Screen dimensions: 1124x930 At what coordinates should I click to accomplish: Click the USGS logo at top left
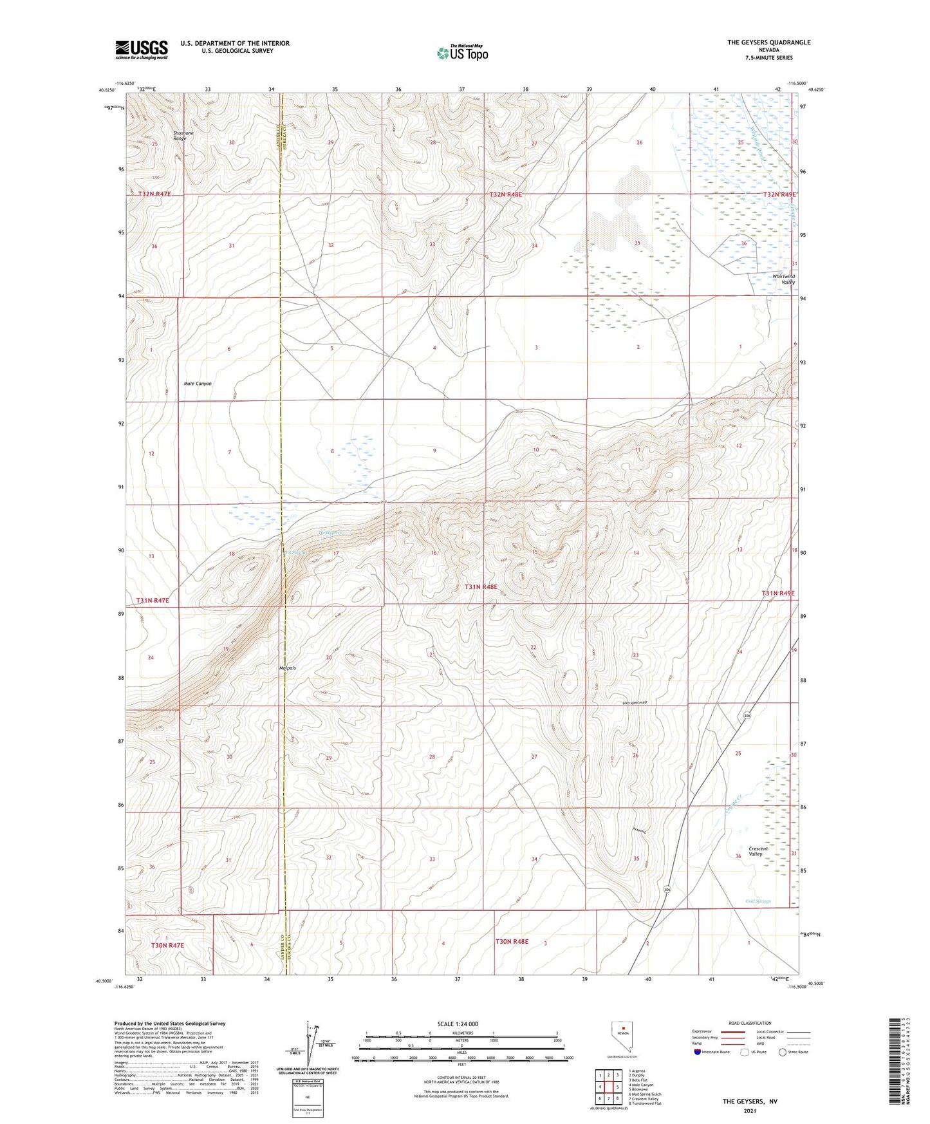pyautogui.click(x=141, y=50)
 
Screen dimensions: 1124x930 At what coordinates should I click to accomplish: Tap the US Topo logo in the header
pyautogui.click(x=463, y=53)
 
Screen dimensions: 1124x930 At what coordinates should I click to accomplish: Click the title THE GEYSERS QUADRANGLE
pyautogui.click(x=768, y=42)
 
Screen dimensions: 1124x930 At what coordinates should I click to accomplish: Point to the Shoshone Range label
pyautogui.click(x=183, y=136)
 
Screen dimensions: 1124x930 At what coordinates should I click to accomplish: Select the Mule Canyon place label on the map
pyautogui.click(x=198, y=384)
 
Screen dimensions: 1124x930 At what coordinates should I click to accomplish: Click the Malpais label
pyautogui.click(x=288, y=668)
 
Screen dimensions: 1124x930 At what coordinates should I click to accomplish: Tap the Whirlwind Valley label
pyautogui.click(x=783, y=279)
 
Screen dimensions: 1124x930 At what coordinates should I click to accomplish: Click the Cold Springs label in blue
pyautogui.click(x=758, y=901)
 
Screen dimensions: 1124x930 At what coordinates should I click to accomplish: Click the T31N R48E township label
pyautogui.click(x=481, y=587)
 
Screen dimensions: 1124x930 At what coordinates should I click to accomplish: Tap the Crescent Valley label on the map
pyautogui.click(x=759, y=851)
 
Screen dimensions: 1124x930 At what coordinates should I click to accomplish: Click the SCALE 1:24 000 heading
pyautogui.click(x=458, y=1024)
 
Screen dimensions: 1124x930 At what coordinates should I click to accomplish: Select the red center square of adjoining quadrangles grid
pyautogui.click(x=608, y=1087)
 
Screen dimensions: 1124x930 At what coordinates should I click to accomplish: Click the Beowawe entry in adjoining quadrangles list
pyautogui.click(x=641, y=1089)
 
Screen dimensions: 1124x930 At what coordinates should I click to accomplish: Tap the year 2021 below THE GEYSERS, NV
pyautogui.click(x=750, y=1111)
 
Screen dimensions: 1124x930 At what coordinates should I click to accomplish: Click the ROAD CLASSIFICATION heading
pyautogui.click(x=750, y=1023)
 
